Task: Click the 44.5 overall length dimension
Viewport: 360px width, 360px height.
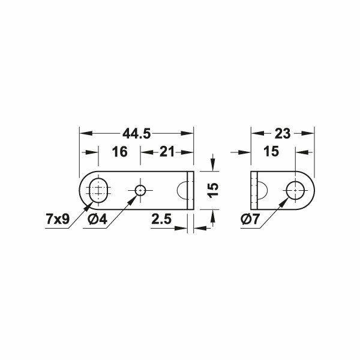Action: [x=137, y=134]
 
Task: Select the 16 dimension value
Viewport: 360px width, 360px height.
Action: [x=119, y=152]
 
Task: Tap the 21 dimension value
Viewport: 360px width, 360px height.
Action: [x=167, y=152]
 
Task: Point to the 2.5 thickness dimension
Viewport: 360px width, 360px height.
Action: [x=161, y=219]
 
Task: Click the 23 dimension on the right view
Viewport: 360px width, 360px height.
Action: [x=283, y=134]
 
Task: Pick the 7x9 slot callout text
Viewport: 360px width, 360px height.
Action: [x=58, y=219]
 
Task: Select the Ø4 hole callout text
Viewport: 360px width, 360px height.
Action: [x=97, y=219]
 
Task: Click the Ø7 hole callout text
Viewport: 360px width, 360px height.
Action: [x=250, y=219]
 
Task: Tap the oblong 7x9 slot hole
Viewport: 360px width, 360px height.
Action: [x=98, y=190]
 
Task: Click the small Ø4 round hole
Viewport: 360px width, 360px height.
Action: [x=140, y=190]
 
